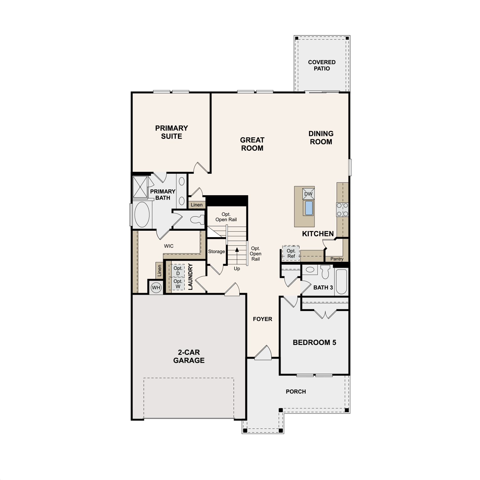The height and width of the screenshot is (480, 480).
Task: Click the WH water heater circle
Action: pos(156,287)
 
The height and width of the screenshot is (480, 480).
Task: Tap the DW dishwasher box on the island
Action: pos(308,194)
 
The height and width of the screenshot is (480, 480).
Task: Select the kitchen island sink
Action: pos(308,208)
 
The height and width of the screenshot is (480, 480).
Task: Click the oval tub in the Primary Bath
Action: pos(142,214)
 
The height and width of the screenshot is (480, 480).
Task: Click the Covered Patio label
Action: pos(322,65)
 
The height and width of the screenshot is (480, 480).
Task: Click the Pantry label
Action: pos(337,259)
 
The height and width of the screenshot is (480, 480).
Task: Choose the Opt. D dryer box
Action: pos(178,271)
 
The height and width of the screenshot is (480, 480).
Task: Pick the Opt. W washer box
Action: pos(178,284)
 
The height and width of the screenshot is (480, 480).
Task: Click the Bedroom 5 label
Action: pos(315,342)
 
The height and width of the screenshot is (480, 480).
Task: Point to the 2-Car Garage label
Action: pos(189,356)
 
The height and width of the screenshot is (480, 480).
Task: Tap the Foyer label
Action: pos(262,319)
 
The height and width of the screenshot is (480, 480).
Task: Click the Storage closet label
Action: pos(216,252)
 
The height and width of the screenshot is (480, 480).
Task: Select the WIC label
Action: pos(169,246)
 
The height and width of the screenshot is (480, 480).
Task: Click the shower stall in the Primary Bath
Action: pos(140,187)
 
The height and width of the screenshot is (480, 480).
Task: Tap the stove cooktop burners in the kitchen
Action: pos(342,210)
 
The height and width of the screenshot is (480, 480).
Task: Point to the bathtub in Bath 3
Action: pos(341,281)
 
